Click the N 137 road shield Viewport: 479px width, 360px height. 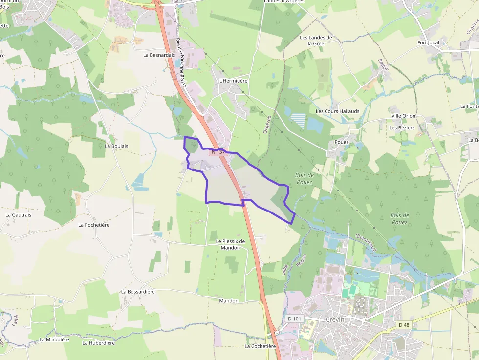pyautogui.click(x=218, y=152)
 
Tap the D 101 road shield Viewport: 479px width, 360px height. pyautogui.click(x=295, y=318)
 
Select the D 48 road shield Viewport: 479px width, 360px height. pyautogui.click(x=404, y=325)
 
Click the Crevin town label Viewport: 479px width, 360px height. pyautogui.click(x=335, y=319)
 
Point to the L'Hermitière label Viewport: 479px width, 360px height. pyautogui.click(x=234, y=81)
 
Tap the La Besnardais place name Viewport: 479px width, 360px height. pyautogui.click(x=159, y=55)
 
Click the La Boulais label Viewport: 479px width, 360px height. pyautogui.click(x=116, y=146)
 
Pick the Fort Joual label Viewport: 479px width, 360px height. pyautogui.click(x=428, y=43)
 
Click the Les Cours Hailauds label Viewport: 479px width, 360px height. pyautogui.click(x=337, y=111)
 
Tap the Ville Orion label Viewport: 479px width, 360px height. pyautogui.click(x=403, y=116)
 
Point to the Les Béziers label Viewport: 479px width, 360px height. pyautogui.click(x=402, y=128)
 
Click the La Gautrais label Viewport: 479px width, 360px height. pyautogui.click(x=19, y=214)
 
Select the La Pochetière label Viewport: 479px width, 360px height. pyautogui.click(x=94, y=225)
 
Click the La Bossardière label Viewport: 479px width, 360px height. pyautogui.click(x=138, y=291)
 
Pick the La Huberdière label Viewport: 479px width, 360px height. pyautogui.click(x=99, y=343)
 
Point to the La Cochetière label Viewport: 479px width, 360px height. pyautogui.click(x=260, y=346)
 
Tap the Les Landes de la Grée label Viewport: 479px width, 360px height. pyautogui.click(x=316, y=40)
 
